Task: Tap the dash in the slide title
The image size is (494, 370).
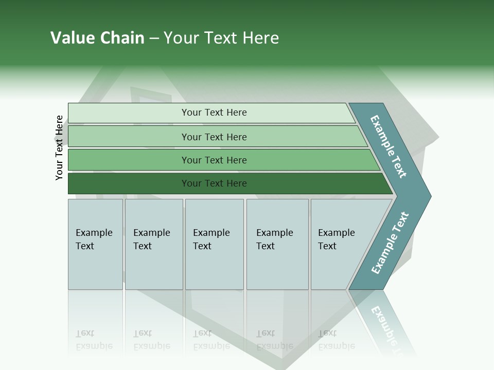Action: [x=154, y=39]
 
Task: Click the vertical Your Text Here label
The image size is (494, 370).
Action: [x=59, y=147]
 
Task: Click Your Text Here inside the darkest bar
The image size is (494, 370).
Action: [x=214, y=183]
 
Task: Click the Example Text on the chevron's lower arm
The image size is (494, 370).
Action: [x=390, y=243]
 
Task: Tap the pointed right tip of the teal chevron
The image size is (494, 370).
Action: [x=428, y=196]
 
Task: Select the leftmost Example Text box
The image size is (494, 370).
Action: [x=95, y=244]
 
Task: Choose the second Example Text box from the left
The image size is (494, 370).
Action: [x=154, y=244]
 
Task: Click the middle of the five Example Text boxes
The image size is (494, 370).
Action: [x=214, y=244]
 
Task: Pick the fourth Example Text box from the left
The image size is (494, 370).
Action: [x=277, y=244]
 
